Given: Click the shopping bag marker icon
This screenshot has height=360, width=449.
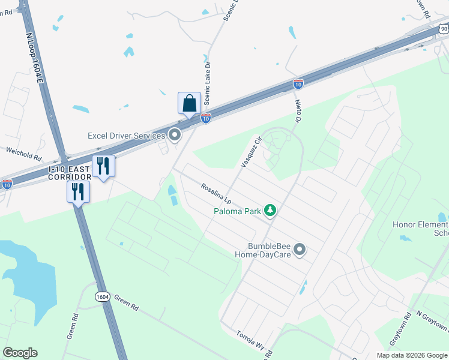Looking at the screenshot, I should [x=189, y=103].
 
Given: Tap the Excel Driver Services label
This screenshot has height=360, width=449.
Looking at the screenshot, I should [x=126, y=136].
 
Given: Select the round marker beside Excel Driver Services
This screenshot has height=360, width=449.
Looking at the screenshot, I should [x=175, y=135].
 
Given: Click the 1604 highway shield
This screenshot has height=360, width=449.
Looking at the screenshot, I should [x=103, y=296].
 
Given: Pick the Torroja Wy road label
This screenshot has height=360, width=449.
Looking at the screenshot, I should [x=250, y=339].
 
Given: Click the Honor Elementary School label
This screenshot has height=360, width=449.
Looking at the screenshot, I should [x=420, y=229].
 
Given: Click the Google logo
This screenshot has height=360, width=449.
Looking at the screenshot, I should [x=20, y=353].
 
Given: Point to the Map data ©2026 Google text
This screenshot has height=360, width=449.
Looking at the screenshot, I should [x=411, y=355].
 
